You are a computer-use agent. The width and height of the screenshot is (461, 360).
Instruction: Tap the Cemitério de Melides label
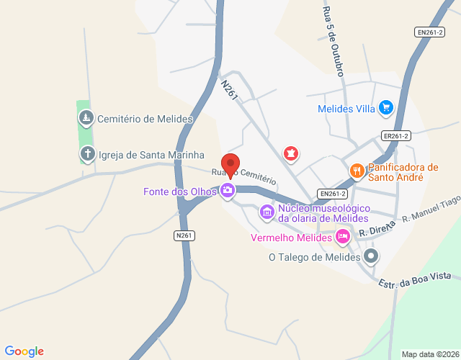(145, 119)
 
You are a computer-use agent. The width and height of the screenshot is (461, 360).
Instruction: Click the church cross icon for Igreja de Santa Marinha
(87, 153)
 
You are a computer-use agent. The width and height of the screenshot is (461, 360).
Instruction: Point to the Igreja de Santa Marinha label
(152, 155)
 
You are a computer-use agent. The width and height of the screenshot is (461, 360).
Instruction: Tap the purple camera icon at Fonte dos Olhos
(228, 191)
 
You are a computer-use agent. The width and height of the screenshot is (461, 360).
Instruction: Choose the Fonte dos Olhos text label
(180, 192)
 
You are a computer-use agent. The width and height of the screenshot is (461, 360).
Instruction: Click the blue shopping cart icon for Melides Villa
(386, 108)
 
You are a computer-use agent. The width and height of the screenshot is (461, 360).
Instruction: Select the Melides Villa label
(346, 109)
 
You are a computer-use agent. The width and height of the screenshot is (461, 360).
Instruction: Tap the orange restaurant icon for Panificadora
(356, 171)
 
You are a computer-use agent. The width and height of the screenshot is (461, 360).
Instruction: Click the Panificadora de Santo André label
(403, 172)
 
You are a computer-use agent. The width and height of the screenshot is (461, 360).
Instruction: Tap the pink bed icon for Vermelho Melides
(343, 235)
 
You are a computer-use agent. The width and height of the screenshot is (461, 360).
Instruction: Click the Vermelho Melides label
(291, 238)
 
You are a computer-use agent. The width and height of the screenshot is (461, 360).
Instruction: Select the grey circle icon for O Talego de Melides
(371, 256)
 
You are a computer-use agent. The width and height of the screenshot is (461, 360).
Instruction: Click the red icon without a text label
(291, 153)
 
